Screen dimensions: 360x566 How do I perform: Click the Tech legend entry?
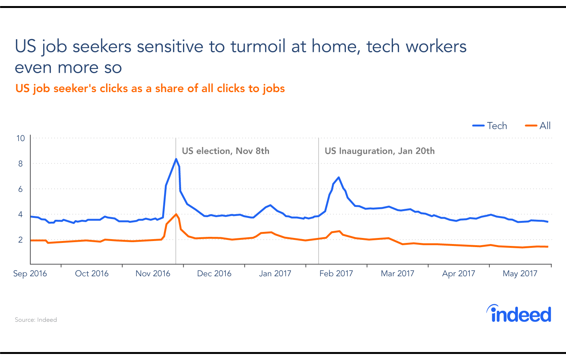point(490,126)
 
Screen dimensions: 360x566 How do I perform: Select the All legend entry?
point(538,126)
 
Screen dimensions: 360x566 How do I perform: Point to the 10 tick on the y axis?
point(20,138)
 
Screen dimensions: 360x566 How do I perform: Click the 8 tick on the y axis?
point(20,164)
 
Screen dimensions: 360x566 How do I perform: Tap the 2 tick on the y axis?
point(20,240)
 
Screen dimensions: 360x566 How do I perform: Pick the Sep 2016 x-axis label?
point(30,274)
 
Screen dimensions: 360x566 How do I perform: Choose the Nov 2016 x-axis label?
point(153,274)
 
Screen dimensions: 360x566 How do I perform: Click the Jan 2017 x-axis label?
point(275,274)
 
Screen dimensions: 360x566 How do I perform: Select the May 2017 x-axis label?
point(520,274)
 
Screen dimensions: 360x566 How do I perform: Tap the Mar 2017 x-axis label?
point(397,274)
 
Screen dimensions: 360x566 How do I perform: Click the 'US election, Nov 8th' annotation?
point(225,151)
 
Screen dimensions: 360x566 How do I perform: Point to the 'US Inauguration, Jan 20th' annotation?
point(380,151)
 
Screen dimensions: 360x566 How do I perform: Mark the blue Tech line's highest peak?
point(176,159)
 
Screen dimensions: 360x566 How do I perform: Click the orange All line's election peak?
point(176,214)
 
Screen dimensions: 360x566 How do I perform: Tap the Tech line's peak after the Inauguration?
point(338,177)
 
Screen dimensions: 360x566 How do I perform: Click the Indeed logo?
point(519,314)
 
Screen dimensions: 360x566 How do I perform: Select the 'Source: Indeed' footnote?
point(36,320)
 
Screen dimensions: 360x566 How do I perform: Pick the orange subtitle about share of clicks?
point(150,89)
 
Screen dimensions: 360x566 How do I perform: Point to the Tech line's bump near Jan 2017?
point(270,205)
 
